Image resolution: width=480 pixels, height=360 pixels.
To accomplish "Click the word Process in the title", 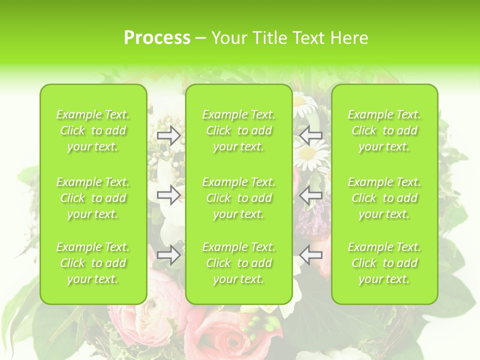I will click(157, 38).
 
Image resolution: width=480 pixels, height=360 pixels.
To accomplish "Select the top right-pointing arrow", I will click(169, 135).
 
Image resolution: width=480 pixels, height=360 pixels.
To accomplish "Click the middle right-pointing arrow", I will click(169, 195).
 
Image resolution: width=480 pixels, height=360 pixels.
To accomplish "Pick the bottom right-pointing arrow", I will click(169, 255).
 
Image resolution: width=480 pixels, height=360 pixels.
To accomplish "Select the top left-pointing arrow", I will click(311, 135).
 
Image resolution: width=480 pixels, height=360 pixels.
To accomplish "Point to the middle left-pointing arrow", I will click(311, 195).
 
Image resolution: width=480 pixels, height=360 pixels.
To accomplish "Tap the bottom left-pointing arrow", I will click(311, 255).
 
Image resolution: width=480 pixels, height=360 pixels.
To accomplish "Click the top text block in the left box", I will click(93, 130).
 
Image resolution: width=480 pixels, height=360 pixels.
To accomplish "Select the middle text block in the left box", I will click(93, 198).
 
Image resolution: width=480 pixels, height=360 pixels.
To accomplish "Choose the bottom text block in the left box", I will click(93, 263).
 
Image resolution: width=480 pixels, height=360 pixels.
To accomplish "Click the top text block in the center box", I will click(239, 130).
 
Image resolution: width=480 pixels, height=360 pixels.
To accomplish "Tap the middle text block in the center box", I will click(239, 198).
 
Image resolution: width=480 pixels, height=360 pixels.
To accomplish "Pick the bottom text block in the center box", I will click(239, 263).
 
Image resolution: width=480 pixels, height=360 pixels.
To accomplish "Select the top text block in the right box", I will click(384, 130).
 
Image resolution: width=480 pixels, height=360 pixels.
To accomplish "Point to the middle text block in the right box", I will click(384, 198).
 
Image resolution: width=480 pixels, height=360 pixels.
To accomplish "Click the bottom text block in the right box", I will click(384, 263).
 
